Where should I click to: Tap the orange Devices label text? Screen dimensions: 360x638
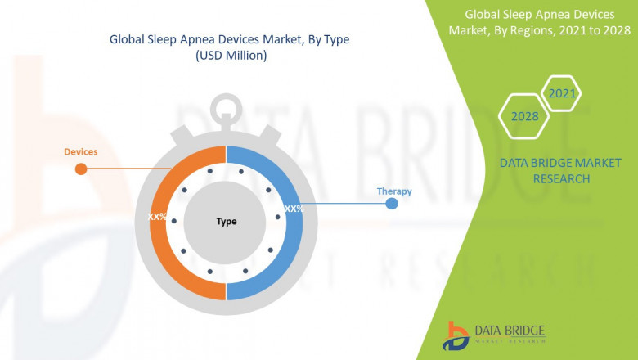(x=81, y=152)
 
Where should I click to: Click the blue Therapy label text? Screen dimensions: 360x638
(x=393, y=191)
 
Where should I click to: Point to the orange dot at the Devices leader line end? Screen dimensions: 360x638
(x=80, y=169)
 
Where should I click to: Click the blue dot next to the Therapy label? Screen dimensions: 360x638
(x=392, y=203)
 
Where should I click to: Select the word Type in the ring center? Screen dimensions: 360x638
(x=227, y=222)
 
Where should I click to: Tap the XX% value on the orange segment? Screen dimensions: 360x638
(x=157, y=218)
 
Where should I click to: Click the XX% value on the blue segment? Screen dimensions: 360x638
(x=294, y=209)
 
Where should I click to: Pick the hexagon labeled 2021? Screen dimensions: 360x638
(x=563, y=94)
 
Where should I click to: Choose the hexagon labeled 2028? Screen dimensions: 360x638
(x=525, y=116)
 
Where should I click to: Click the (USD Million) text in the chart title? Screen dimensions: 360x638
(x=231, y=55)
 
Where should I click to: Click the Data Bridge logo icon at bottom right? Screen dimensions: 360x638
(x=456, y=334)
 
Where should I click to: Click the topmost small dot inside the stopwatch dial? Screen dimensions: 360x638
(x=210, y=170)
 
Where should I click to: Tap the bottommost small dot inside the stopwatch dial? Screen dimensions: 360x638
(x=210, y=271)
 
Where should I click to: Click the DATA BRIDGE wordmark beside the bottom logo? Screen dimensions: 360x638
(x=509, y=329)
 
